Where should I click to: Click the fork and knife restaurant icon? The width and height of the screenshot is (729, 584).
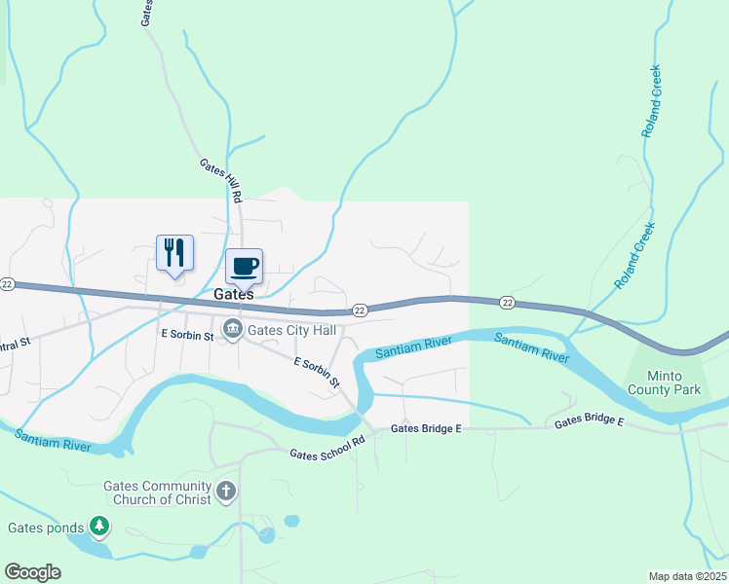tap(174, 253)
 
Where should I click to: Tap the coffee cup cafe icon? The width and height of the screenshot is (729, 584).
tap(244, 266)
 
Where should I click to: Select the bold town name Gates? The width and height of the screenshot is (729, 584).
tap(234, 294)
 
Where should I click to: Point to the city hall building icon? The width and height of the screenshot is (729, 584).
tap(233, 330)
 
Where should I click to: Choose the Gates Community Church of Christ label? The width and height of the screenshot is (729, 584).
tap(158, 493)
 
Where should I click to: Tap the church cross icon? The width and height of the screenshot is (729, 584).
tap(225, 491)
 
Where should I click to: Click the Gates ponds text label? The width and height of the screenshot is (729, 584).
tap(46, 529)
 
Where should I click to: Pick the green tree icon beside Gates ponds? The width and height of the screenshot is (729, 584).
tap(98, 528)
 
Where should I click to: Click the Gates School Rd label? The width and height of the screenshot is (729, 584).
tap(326, 447)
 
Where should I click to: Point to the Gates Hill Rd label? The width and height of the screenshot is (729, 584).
tap(221, 181)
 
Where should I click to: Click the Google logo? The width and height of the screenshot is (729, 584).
tap(32, 572)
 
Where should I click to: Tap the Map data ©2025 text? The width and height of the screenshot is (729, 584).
tap(687, 576)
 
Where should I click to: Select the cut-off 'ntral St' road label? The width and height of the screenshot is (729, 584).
tap(16, 344)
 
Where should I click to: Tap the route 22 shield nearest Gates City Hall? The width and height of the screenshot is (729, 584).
tap(360, 310)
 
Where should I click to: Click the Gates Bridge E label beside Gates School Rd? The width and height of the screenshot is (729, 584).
tap(426, 428)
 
